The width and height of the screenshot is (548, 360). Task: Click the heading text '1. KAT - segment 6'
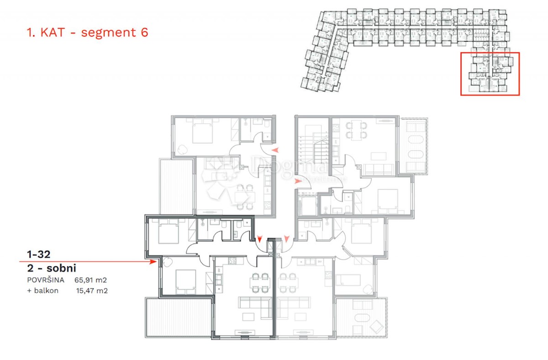tap(87, 32)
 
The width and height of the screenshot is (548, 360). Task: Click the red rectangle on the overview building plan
tap(490, 74)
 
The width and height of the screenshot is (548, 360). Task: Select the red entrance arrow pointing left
tap(275, 150)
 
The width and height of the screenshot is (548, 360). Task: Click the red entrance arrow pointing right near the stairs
tap(298, 181)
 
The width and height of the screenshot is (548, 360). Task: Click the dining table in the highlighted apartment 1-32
tap(259, 283)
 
